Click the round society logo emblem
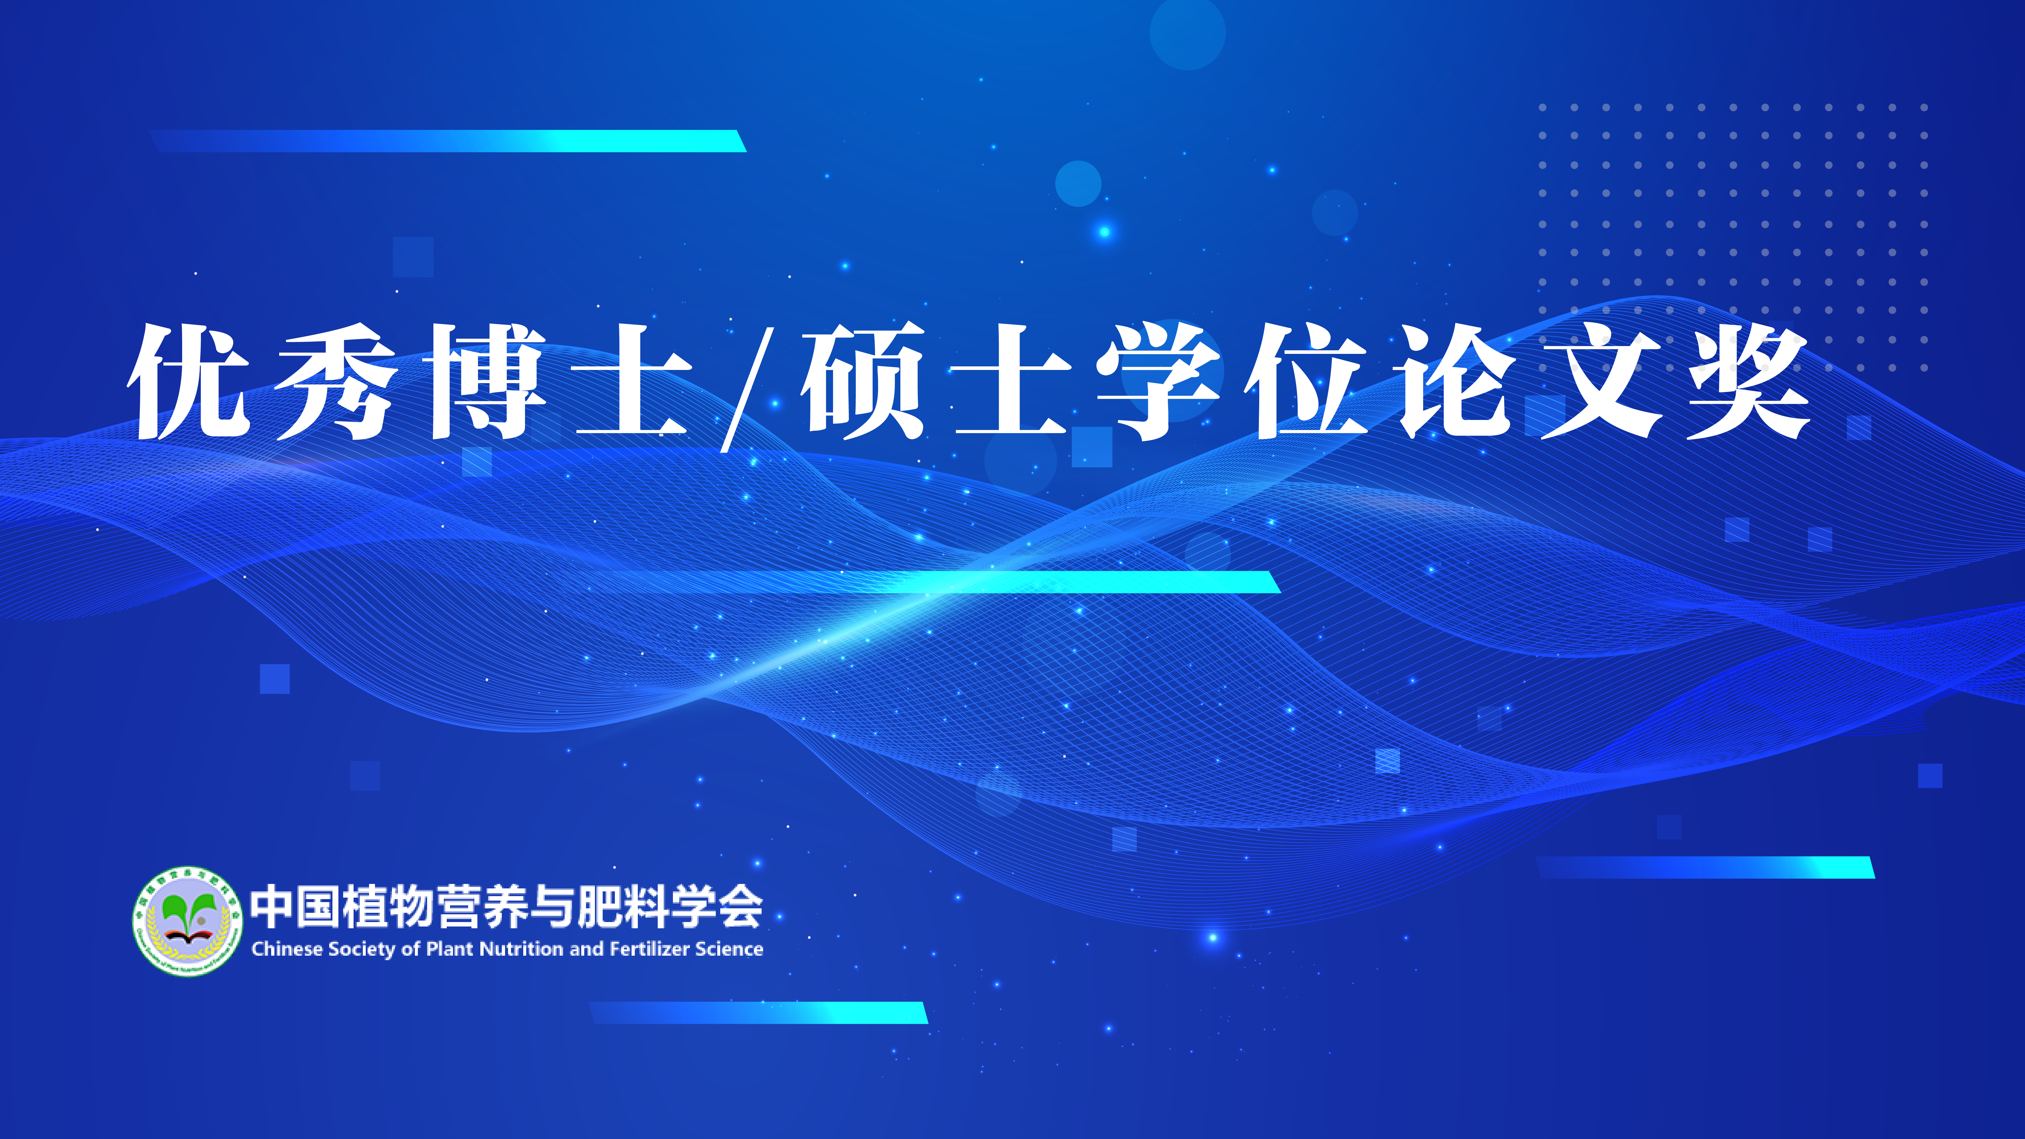187,921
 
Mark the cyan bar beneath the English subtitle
759,1013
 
